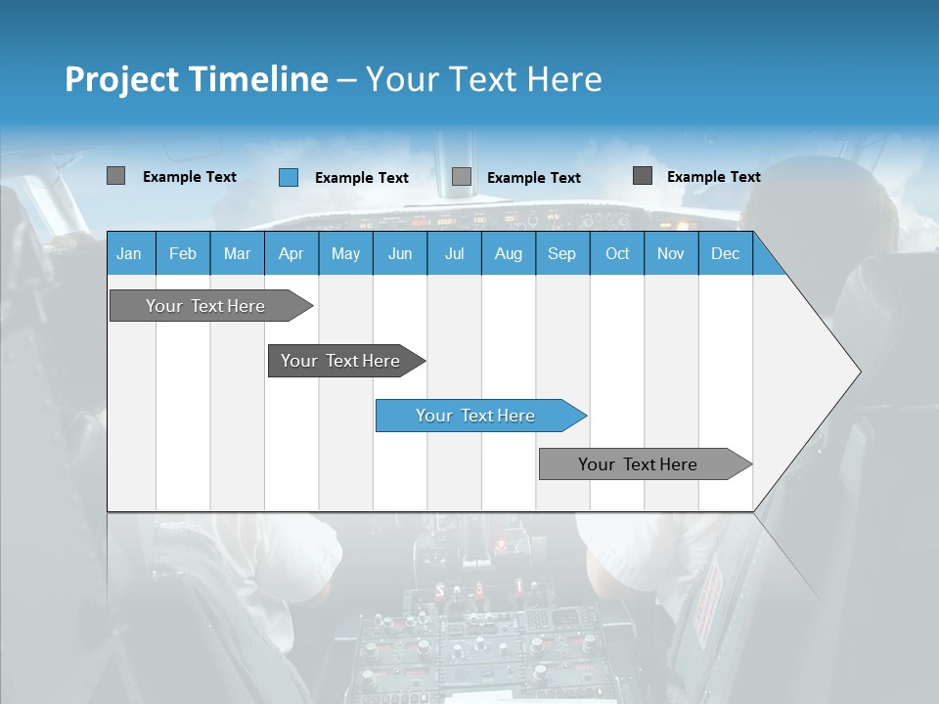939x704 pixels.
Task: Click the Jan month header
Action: tap(129, 253)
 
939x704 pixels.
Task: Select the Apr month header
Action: tap(291, 253)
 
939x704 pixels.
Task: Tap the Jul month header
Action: tap(454, 253)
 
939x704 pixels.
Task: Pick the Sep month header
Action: tap(561, 253)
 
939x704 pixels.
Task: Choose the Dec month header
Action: tap(725, 253)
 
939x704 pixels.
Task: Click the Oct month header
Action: tap(616, 253)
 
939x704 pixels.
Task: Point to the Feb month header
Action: tap(183, 253)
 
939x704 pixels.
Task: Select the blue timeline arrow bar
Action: tap(479, 416)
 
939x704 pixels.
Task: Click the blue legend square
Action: tap(288, 177)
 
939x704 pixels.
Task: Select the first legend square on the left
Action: tap(115, 176)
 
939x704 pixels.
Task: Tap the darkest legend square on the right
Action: tap(642, 176)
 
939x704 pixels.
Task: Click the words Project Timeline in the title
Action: tap(196, 79)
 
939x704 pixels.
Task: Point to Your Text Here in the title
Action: tap(483, 79)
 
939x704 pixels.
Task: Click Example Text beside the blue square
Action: tap(361, 178)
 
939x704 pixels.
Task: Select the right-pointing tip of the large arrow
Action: tap(855, 372)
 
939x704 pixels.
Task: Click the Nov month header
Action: tap(670, 253)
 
